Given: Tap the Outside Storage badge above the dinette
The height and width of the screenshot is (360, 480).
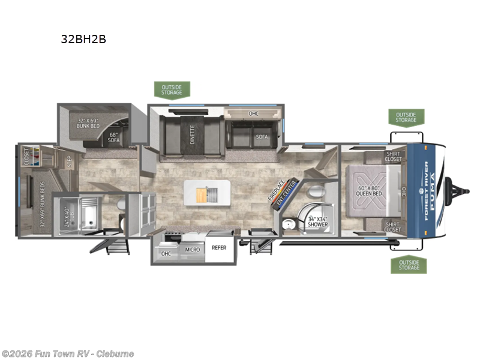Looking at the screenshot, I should pos(172,89).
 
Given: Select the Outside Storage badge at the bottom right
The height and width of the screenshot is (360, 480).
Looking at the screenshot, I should pos(409,264).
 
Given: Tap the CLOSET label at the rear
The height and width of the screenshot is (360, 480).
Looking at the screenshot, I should pos(26,157).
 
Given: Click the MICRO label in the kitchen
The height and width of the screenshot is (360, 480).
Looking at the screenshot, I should pos(192,249).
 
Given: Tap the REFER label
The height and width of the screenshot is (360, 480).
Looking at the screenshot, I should pos(219,247).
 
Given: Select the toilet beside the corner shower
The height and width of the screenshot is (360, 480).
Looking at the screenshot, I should pos(316,193).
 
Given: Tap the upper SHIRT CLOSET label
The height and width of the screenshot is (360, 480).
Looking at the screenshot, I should pos(394,157).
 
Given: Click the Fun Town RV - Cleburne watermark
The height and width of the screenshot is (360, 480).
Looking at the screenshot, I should pos(67,353).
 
